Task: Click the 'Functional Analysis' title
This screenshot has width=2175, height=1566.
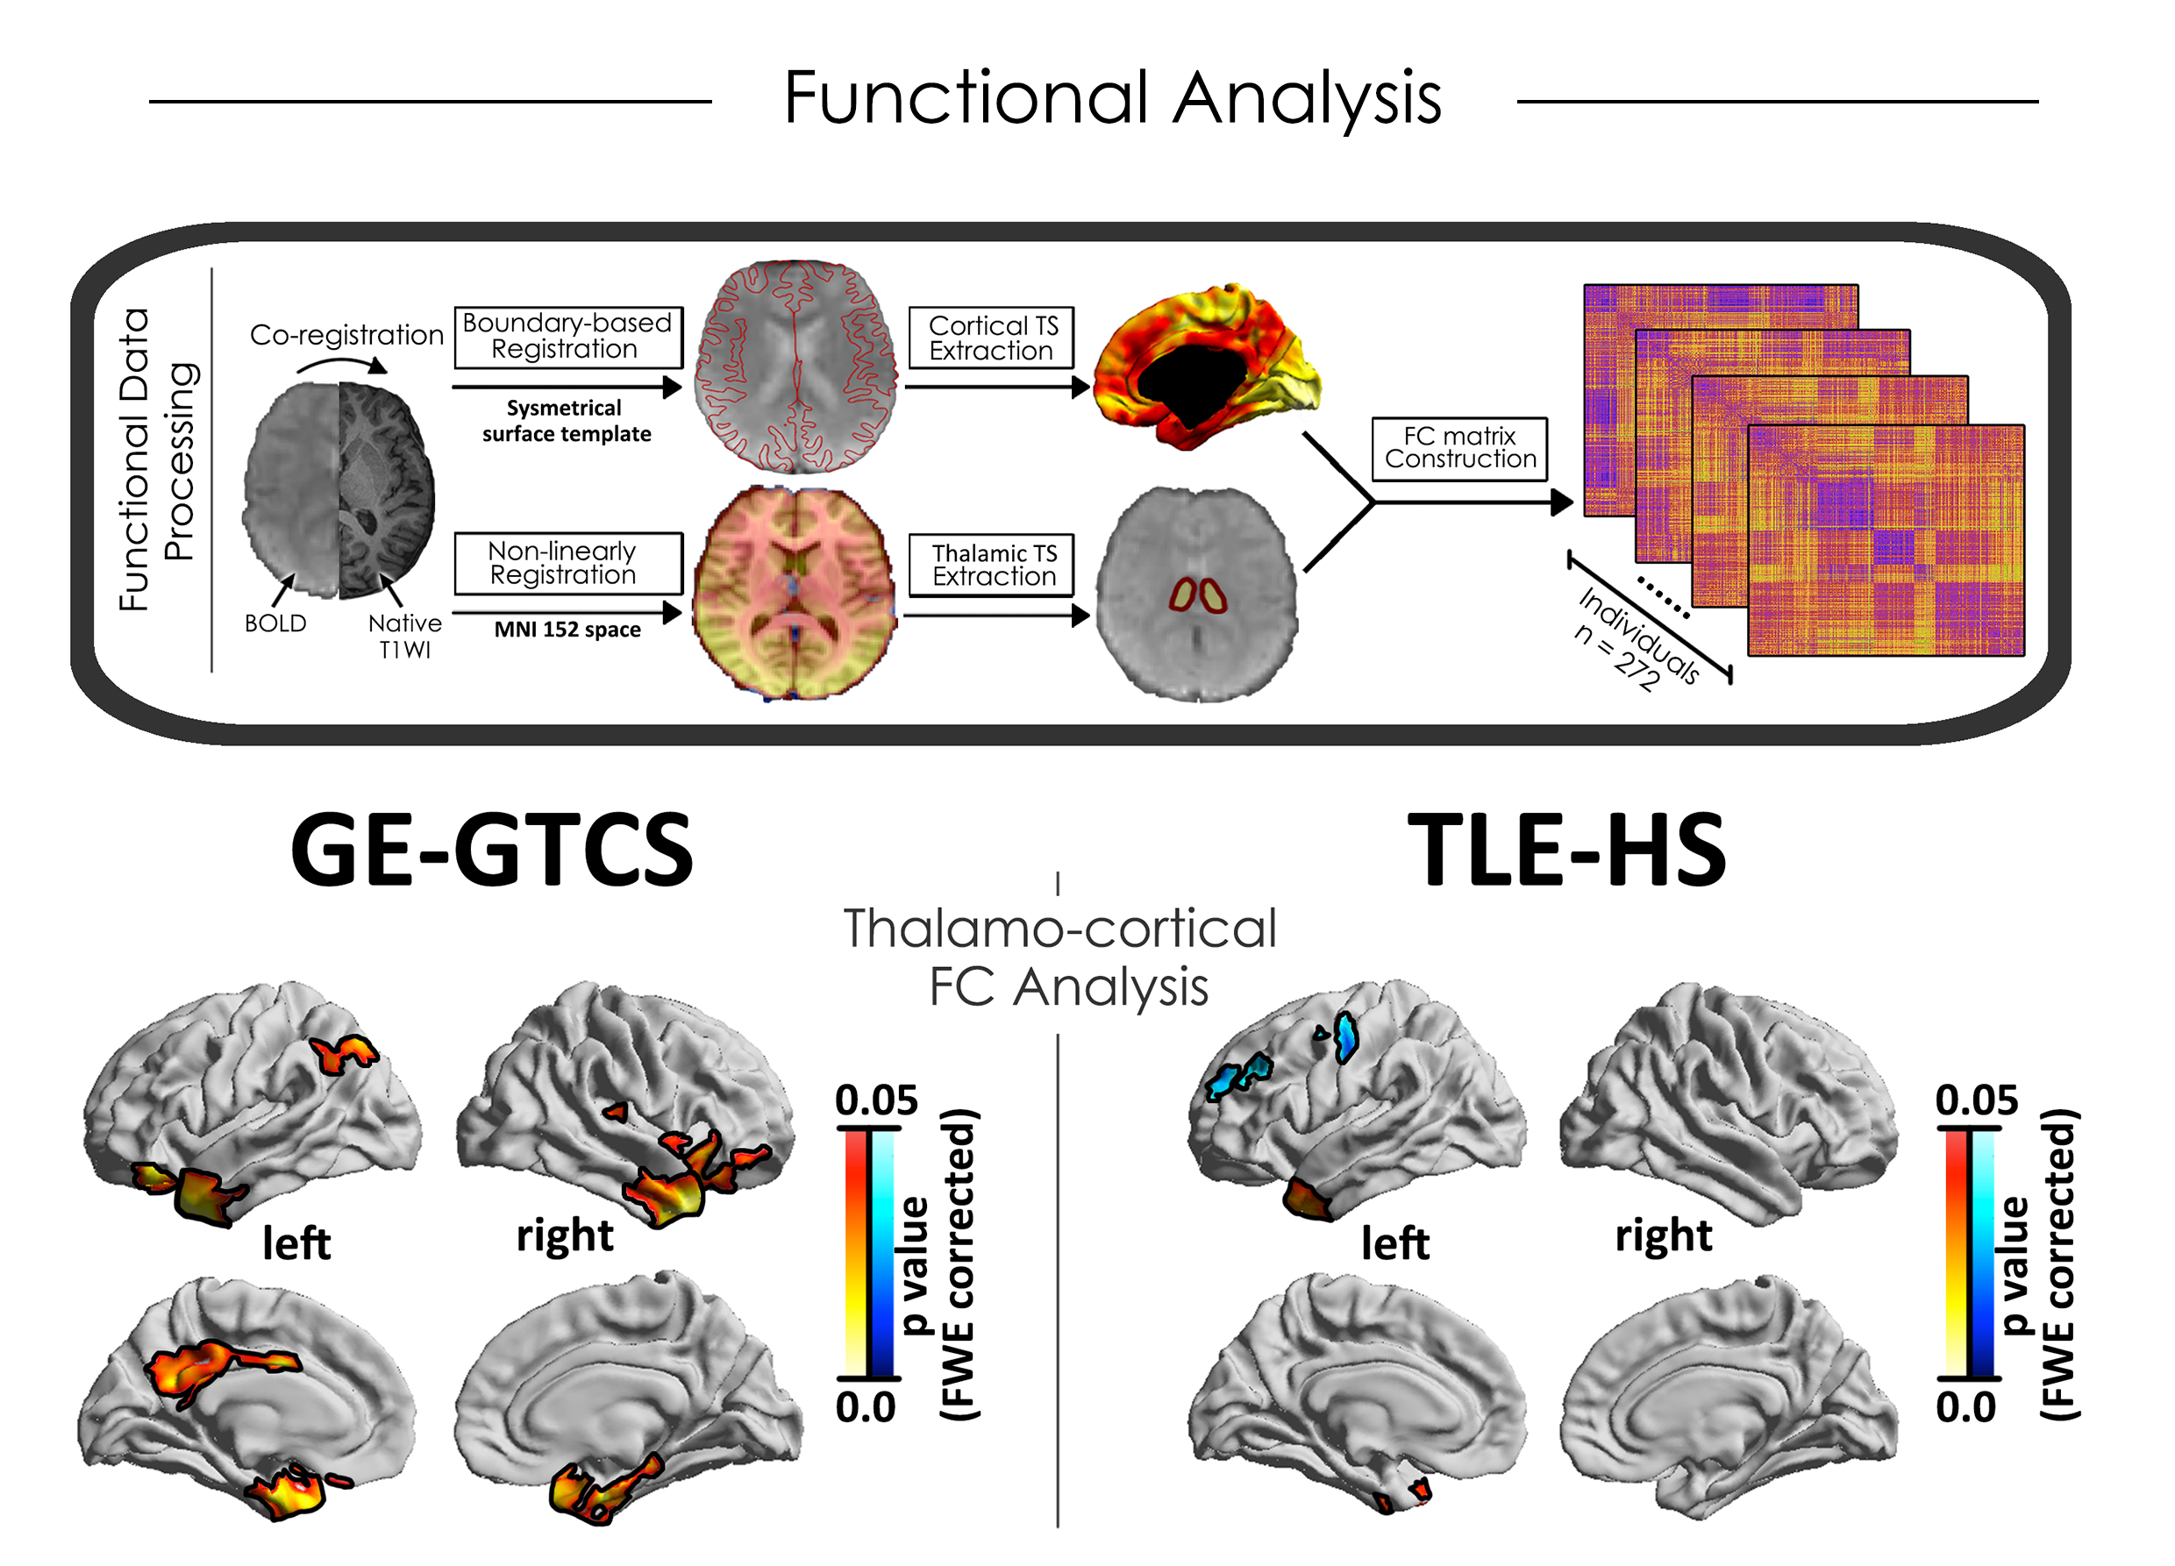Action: (1112, 98)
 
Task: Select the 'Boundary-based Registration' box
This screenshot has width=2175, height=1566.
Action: (567, 337)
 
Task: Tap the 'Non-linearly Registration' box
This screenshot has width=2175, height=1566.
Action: (567, 564)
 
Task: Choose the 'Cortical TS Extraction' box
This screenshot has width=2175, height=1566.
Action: (992, 338)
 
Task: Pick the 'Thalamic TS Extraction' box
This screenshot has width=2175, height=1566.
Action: (992, 565)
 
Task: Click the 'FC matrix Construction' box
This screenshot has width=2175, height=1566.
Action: (1459, 448)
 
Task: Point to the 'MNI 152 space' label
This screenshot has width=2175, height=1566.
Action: (567, 630)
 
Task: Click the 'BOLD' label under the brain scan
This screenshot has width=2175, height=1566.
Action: (275, 624)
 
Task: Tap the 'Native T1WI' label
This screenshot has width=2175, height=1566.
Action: (404, 636)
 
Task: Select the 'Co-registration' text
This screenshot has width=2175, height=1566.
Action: (346, 336)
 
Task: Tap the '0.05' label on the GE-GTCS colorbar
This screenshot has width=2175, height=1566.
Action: (875, 1100)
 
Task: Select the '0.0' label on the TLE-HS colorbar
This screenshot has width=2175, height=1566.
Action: (1965, 1406)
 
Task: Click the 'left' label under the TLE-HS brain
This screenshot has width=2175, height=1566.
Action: (1395, 1244)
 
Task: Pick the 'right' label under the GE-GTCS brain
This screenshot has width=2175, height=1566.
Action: (564, 1236)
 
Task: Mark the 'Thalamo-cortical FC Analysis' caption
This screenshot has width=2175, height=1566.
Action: (1060, 957)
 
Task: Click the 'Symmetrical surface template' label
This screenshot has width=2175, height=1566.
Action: (566, 421)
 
